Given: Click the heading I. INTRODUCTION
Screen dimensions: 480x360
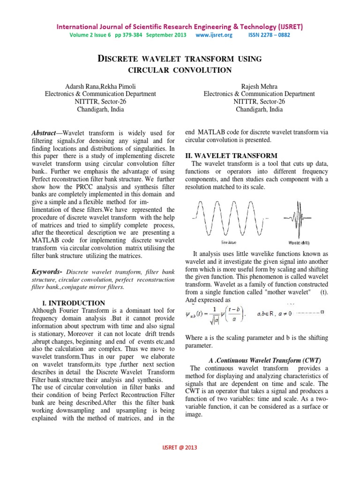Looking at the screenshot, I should point(75,303).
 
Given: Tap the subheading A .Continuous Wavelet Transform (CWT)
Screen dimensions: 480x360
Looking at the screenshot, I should point(264,360).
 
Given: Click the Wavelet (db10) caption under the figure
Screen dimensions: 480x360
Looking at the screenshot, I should point(298,243).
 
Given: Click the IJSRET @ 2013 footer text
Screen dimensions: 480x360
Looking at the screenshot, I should point(180,448).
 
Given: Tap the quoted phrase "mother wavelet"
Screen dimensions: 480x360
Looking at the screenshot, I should point(288,292).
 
